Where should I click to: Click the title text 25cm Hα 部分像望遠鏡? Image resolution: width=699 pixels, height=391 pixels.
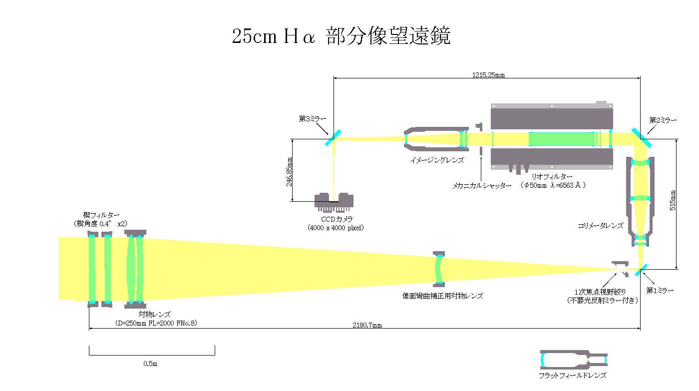point(341,36)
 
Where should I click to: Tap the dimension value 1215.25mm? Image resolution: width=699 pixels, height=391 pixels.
point(488,75)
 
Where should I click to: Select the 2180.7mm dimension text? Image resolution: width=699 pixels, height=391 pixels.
point(367,325)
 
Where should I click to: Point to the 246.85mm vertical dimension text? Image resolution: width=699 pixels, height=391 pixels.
point(289,172)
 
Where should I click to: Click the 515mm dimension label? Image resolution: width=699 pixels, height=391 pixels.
point(673,200)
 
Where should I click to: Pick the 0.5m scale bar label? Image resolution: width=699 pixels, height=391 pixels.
point(150,364)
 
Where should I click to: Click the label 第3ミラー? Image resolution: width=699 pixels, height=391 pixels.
point(313,119)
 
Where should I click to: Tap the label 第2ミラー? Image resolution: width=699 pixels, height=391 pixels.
point(663,120)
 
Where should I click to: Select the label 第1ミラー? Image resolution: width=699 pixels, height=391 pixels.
point(660,291)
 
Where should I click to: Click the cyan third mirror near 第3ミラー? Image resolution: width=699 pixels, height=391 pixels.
point(333,138)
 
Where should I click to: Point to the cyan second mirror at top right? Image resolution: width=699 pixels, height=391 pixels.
point(641,138)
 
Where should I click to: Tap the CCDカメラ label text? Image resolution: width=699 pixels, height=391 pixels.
point(337,219)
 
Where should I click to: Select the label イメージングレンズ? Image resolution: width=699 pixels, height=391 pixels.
point(437,160)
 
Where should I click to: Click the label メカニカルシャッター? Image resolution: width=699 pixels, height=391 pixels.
point(482,186)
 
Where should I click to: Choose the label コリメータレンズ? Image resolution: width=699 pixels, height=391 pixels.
point(600,225)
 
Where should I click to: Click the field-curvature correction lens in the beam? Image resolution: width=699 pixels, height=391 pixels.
point(439,269)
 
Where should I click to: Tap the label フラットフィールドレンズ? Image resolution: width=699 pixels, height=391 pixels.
point(572,376)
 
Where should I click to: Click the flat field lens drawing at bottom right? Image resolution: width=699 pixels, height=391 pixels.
point(574,360)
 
